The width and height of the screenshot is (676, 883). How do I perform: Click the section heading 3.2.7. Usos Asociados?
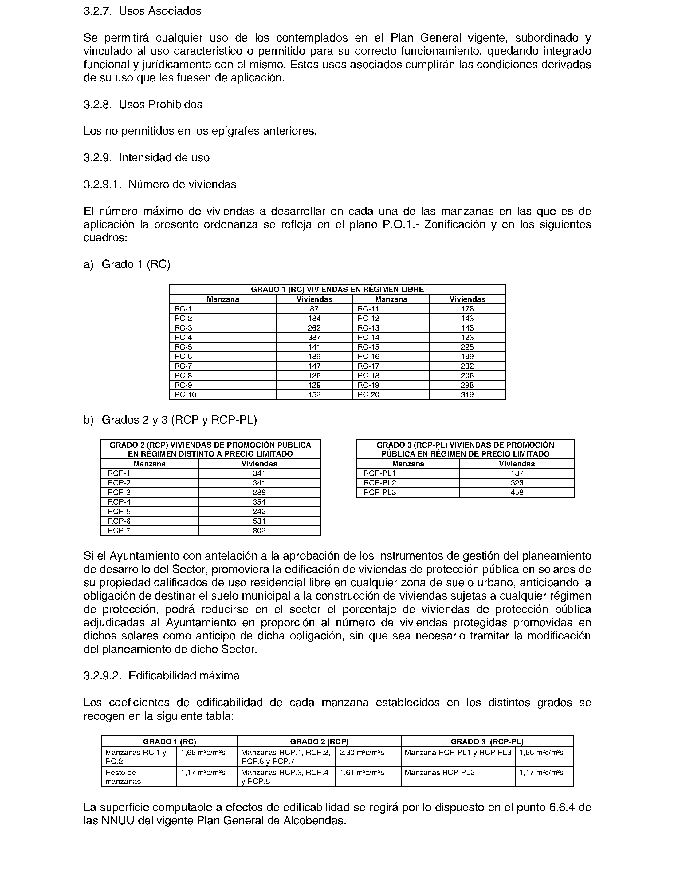(143, 11)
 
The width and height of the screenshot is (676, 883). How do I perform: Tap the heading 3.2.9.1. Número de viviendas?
(160, 184)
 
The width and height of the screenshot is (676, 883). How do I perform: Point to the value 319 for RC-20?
(467, 394)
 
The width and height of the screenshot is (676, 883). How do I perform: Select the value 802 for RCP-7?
(259, 531)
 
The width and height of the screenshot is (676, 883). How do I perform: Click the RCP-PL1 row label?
(379, 473)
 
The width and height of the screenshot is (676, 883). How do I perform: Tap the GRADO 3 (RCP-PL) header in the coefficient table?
(487, 742)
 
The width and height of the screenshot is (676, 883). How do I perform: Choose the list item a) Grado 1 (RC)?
(127, 264)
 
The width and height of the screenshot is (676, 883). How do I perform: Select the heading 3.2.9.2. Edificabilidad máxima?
(161, 676)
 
